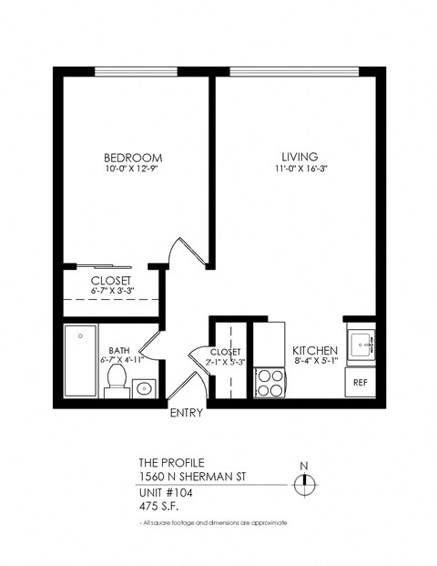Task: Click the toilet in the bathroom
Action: (x=116, y=379)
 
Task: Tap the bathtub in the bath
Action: (x=81, y=361)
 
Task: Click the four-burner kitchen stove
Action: (x=269, y=381)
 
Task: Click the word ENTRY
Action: (x=186, y=413)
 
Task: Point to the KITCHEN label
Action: (x=315, y=351)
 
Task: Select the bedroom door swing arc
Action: (x=182, y=251)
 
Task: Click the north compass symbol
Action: (x=305, y=483)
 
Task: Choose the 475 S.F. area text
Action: (x=159, y=507)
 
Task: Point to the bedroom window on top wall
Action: (x=137, y=73)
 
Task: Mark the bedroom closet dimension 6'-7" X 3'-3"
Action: (x=111, y=290)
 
